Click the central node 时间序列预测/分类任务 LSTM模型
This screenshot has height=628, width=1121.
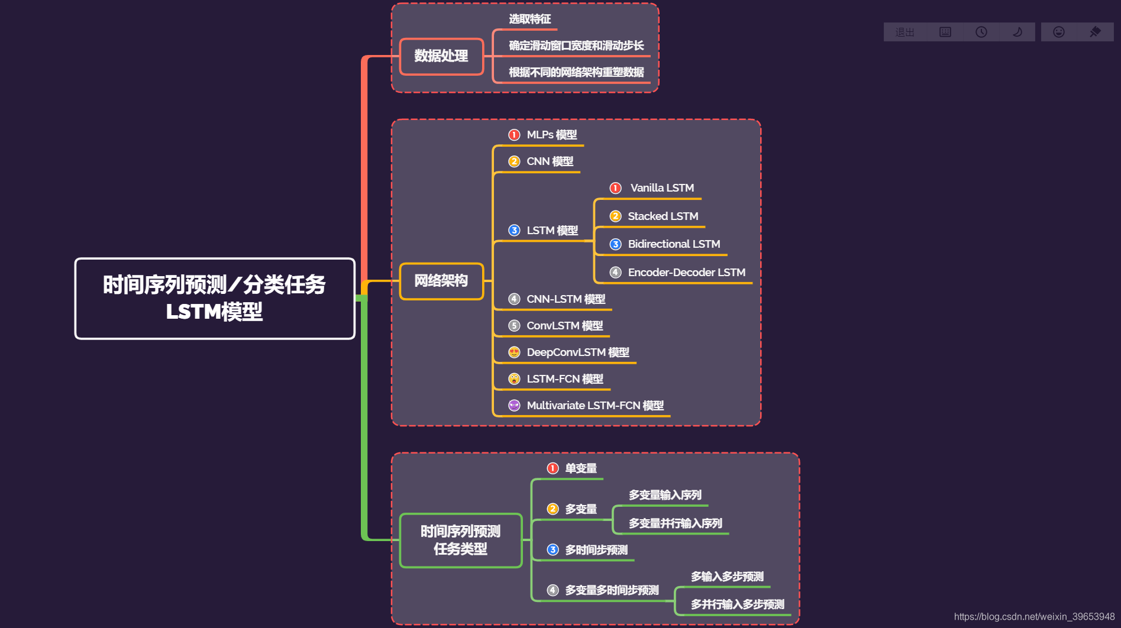pyautogui.click(x=214, y=298)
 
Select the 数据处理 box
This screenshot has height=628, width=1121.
pyautogui.click(x=441, y=56)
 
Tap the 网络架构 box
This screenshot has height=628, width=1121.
pyautogui.click(x=441, y=281)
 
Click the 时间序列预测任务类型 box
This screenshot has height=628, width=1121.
pyautogui.click(x=460, y=540)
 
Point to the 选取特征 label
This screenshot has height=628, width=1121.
pyautogui.click(x=529, y=19)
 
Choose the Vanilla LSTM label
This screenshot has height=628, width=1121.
pyautogui.click(x=662, y=188)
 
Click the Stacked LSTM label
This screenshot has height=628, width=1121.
pyautogui.click(x=663, y=216)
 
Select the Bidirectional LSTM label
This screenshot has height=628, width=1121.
pyautogui.click(x=674, y=244)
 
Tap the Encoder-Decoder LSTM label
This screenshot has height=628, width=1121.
pyautogui.click(x=686, y=273)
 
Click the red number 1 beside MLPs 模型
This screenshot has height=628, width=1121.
pyautogui.click(x=514, y=135)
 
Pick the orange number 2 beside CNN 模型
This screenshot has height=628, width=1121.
pyautogui.click(x=514, y=161)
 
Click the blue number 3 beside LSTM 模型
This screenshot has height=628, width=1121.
pyautogui.click(x=514, y=231)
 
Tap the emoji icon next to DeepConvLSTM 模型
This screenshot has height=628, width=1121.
pyautogui.click(x=514, y=352)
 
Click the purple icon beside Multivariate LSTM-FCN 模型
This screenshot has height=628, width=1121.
pyautogui.click(x=514, y=406)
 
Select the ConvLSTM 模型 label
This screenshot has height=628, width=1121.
pyautogui.click(x=564, y=326)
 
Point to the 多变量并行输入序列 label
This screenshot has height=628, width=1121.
pyautogui.click(x=675, y=523)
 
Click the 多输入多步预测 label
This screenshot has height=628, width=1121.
pyautogui.click(x=727, y=577)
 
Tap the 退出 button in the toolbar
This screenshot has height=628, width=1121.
pyautogui.click(x=904, y=32)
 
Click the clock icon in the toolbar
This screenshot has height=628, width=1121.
pyautogui.click(x=981, y=32)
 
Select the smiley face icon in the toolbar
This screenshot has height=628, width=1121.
pyautogui.click(x=1059, y=32)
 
